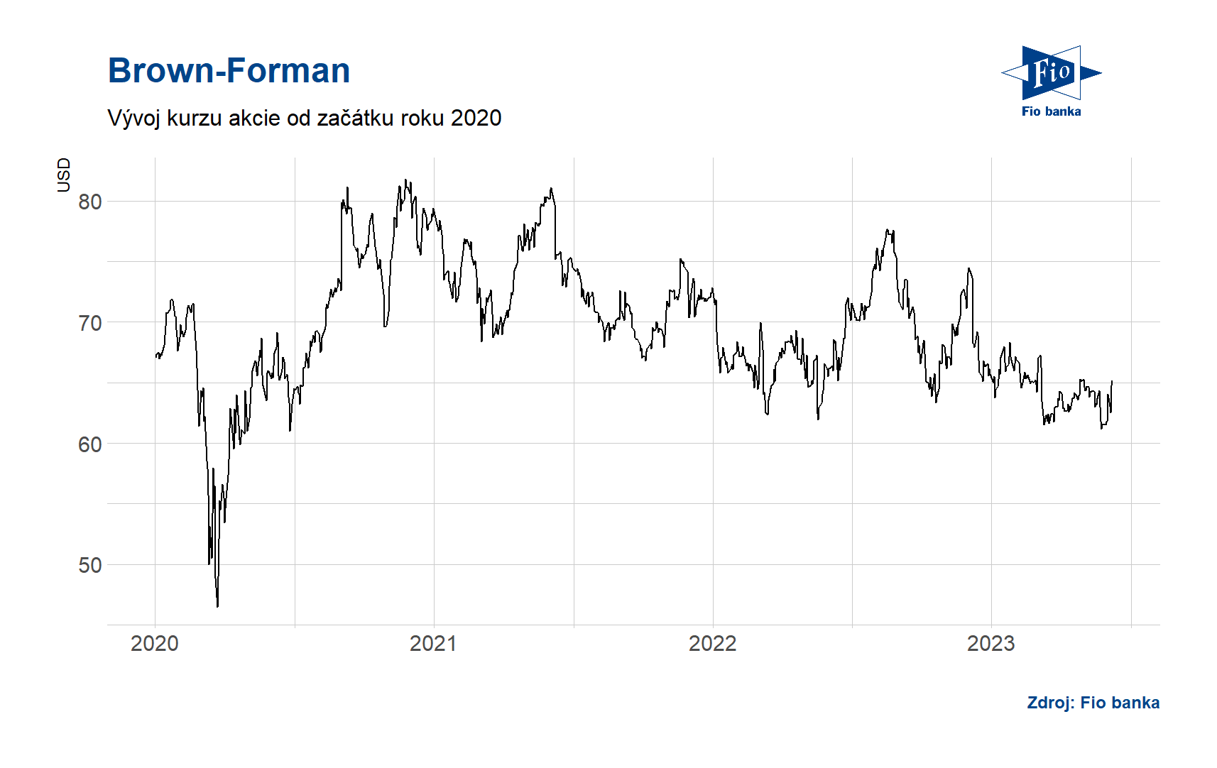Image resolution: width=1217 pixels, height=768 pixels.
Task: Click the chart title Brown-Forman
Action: [229, 71]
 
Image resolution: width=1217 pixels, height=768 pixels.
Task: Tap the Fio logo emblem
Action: [1051, 72]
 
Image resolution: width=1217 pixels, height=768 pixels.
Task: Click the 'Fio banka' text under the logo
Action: [1051, 111]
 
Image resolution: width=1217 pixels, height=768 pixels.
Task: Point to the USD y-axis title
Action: [64, 175]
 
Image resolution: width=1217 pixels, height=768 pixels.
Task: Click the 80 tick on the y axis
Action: [90, 202]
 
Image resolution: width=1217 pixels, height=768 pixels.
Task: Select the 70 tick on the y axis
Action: [90, 324]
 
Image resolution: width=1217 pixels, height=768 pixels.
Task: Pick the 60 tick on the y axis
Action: [90, 444]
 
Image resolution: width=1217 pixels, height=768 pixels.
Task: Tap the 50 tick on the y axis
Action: [90, 566]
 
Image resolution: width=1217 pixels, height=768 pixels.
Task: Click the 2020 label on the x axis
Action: [155, 644]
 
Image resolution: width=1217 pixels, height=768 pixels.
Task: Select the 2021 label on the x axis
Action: [433, 644]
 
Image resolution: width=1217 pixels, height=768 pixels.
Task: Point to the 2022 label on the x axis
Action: [712, 644]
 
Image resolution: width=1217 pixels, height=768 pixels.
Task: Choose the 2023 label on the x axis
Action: [990, 644]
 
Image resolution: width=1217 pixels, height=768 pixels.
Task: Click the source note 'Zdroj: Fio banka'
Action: [1093, 703]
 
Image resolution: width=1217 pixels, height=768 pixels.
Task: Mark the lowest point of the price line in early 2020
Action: [217, 606]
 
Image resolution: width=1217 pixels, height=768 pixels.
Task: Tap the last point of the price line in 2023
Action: [1111, 382]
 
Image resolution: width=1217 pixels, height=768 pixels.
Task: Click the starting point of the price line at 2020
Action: [155, 356]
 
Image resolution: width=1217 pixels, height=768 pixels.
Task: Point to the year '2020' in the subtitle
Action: [476, 118]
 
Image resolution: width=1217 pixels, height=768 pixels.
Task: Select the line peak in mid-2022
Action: [887, 230]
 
